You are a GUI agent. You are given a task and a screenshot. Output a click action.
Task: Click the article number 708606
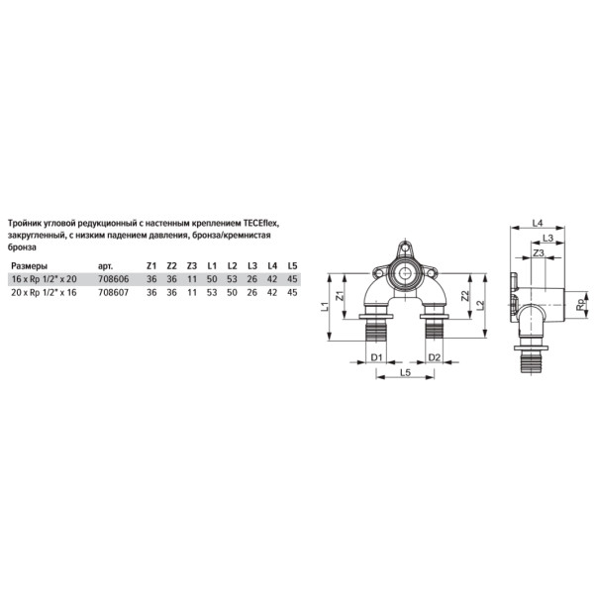tap(114, 279)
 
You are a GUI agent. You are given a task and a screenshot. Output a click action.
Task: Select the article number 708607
tap(114, 292)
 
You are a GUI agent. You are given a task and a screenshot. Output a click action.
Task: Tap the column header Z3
tap(192, 266)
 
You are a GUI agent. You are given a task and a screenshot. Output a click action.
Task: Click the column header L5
tap(292, 266)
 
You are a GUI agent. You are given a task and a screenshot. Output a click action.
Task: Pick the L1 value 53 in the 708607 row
tap(212, 292)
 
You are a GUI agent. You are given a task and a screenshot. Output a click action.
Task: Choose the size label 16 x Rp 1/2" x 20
tap(44, 279)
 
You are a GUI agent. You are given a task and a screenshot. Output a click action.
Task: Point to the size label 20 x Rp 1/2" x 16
tap(44, 292)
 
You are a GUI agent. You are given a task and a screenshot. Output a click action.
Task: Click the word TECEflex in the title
tap(261, 224)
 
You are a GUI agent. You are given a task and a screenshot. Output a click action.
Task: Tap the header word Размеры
tap(29, 266)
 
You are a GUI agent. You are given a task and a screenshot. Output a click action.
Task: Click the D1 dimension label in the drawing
tap(376, 357)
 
